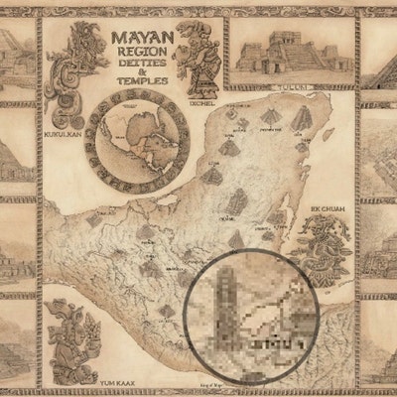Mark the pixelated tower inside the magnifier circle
[226, 298]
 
